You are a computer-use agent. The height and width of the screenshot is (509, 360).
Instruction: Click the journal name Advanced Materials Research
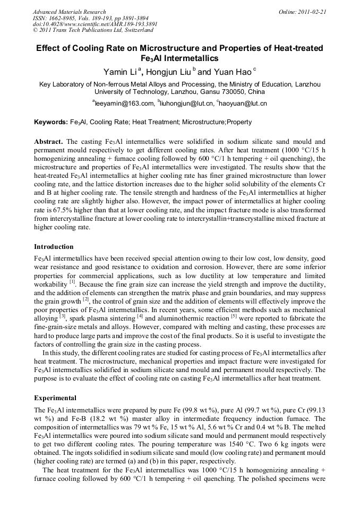(x=69, y=12)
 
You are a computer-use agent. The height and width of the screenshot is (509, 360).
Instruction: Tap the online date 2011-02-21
(x=311, y=12)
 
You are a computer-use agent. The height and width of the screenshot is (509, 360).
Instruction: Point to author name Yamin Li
(x=122, y=72)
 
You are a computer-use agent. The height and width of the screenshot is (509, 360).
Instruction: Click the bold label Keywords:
(x=51, y=122)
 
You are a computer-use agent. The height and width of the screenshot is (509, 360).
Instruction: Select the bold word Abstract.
(x=49, y=142)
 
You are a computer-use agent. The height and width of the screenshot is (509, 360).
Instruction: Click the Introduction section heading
(x=54, y=247)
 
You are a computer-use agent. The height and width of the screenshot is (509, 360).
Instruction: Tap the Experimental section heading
(x=55, y=398)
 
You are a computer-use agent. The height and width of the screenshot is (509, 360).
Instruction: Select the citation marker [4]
(x=140, y=316)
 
